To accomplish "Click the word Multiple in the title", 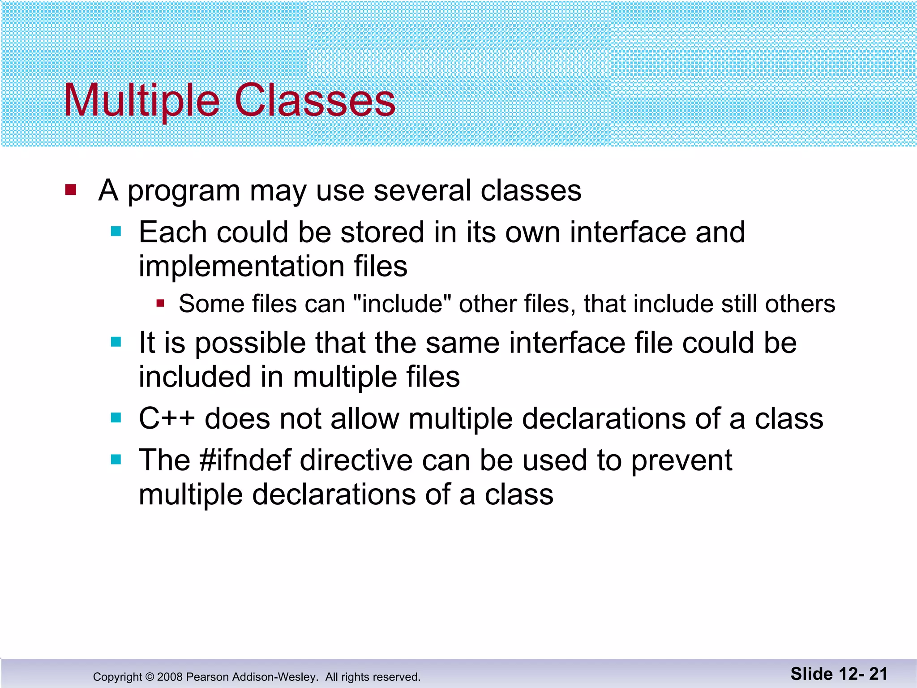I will pos(141,101).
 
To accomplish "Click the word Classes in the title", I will pos(315,101).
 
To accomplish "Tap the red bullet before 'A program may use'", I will pos(71,190).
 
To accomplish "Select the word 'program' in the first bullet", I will pos(184,192).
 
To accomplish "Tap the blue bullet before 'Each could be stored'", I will pos(116,232).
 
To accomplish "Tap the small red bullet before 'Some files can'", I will pos(161,304).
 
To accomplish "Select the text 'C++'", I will pos(167,419).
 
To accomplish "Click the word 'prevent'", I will pos(681,461).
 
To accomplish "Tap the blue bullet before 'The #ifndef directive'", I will pos(116,460).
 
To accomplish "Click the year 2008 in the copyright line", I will pos(170,677).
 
